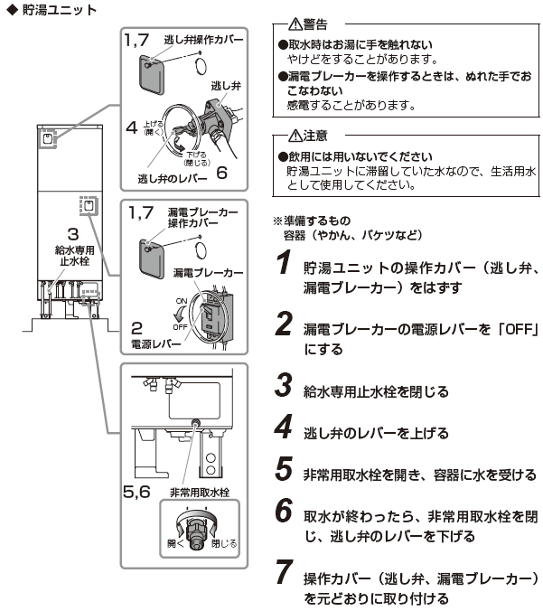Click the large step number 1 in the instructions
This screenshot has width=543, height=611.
pyautogui.click(x=284, y=266)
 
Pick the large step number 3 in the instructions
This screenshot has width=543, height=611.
pyautogui.click(x=284, y=390)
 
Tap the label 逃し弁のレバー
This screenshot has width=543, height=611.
pyautogui.click(x=169, y=177)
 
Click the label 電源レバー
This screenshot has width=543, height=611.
pyautogui.click(x=152, y=344)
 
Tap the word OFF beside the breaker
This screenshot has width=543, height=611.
pyautogui.click(x=180, y=326)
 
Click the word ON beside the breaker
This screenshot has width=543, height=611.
pyautogui.click(x=178, y=299)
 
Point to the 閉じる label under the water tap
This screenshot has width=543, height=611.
pyautogui.click(x=223, y=544)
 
